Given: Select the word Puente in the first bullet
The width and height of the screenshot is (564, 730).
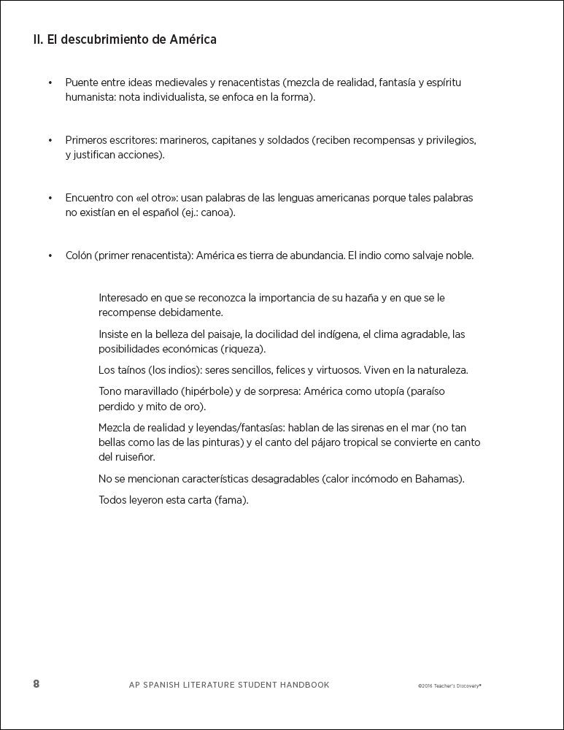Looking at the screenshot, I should click(x=82, y=82).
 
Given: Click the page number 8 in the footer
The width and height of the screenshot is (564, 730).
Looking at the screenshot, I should click(x=36, y=684).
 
